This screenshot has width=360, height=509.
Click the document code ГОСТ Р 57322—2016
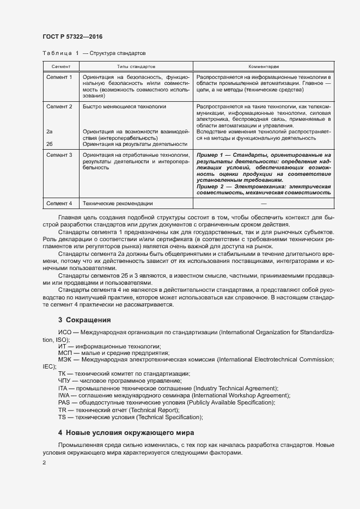coord(72,36)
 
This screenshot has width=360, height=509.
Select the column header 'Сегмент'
coord(59,66)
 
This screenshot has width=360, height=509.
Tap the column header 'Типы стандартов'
coord(135,66)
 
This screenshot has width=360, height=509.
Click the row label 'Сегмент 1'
coord(59,77)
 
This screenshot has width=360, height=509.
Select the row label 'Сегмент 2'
coord(59,107)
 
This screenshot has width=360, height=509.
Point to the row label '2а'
coord(50,132)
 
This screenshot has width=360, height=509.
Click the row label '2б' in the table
coord(50,144)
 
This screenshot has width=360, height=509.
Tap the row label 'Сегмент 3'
coord(59,156)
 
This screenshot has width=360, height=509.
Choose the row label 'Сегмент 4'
coord(59,204)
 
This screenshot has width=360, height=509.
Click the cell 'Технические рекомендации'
coord(118,204)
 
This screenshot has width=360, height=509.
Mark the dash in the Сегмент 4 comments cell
coord(264,204)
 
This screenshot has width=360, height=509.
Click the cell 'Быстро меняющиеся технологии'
coord(124,107)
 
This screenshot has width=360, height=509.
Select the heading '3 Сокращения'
coord(84,320)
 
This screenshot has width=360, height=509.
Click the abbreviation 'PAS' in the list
coord(64,402)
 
